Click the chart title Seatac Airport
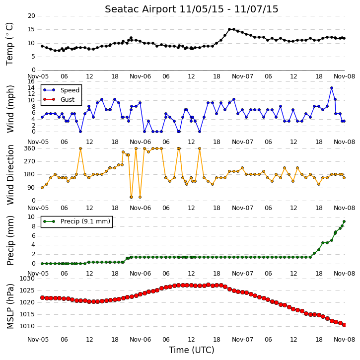[141, 9]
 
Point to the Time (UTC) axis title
[192, 350]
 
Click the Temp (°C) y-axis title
[9, 44]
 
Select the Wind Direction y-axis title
[10, 175]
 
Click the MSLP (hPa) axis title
[10, 306]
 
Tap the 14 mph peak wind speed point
[332, 88]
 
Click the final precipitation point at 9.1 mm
[344, 221]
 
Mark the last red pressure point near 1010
[344, 325]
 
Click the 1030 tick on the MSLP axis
[27, 279]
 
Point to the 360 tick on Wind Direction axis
[30, 148]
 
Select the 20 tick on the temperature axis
[31, 16]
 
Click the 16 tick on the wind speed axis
[31, 81]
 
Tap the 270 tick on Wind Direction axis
[30, 162]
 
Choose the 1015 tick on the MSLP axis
[27, 314]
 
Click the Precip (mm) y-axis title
[10, 241]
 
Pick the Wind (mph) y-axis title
[10, 109]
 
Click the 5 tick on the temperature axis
[33, 57]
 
